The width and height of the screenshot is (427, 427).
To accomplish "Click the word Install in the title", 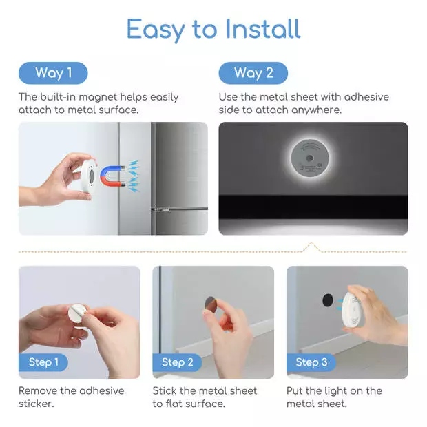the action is (x=263, y=29).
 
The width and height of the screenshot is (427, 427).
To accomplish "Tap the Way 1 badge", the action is (x=53, y=73).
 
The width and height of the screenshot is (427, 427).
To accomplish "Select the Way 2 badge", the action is (x=253, y=73).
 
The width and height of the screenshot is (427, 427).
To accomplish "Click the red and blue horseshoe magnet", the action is (x=112, y=176).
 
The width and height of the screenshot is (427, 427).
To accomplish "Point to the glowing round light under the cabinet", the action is (x=310, y=158).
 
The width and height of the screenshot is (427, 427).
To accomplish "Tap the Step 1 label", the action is (x=43, y=362).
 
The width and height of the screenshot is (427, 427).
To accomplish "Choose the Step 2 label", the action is (x=177, y=362).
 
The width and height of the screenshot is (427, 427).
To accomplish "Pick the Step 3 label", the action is (x=311, y=362).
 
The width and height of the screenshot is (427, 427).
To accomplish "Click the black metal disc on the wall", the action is (x=328, y=300).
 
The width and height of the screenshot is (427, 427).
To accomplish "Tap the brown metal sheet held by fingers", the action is (x=210, y=304).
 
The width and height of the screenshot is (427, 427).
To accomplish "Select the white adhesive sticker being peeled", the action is (x=77, y=313).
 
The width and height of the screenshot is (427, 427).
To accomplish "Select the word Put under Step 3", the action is (x=294, y=390).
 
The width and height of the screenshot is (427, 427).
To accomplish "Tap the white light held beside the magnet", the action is (x=89, y=176).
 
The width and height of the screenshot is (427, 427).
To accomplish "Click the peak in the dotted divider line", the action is (x=311, y=243).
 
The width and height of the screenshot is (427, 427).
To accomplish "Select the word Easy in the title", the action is (x=156, y=30).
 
